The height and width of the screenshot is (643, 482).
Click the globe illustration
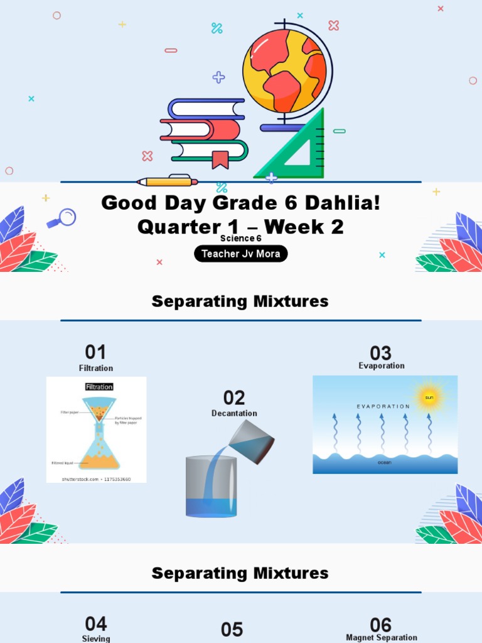[x=286, y=72]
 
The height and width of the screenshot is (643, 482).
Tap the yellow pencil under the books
[x=167, y=181]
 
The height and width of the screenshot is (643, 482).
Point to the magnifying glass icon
[x=63, y=218]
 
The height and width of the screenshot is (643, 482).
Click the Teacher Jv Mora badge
[x=240, y=254]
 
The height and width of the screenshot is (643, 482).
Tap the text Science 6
[x=240, y=239]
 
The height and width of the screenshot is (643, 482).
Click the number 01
[x=95, y=352]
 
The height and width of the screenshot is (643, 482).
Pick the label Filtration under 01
[x=96, y=368]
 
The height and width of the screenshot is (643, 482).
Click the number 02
[x=233, y=397]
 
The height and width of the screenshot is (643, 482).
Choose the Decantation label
[x=234, y=413]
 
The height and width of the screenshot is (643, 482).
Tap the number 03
[x=380, y=353]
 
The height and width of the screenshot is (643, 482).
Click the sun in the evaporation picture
[x=429, y=397]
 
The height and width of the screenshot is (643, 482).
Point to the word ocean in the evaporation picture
[x=384, y=462]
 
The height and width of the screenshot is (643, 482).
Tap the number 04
[x=96, y=624]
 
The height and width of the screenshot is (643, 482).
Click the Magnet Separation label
[x=382, y=637]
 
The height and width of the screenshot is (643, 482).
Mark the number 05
[x=232, y=630]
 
